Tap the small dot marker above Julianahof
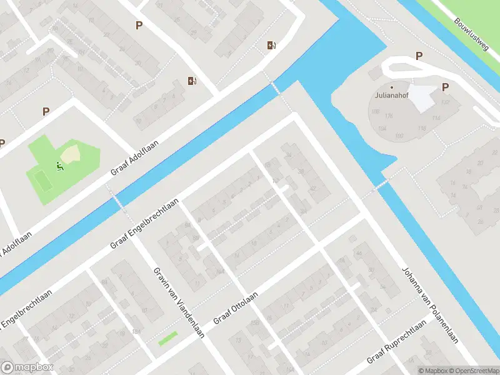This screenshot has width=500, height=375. click(392, 87)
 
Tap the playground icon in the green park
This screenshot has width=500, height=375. click(59, 166)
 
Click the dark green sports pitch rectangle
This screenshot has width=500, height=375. click(42, 182)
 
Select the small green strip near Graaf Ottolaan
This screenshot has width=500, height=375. click(167, 339)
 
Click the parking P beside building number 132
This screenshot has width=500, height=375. click(446, 87)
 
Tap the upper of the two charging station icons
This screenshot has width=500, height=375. click(271, 44)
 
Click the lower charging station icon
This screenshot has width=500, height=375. click(191, 81)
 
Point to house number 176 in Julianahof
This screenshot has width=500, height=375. click(389, 116)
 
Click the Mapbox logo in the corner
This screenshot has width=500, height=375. click(27, 367)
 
